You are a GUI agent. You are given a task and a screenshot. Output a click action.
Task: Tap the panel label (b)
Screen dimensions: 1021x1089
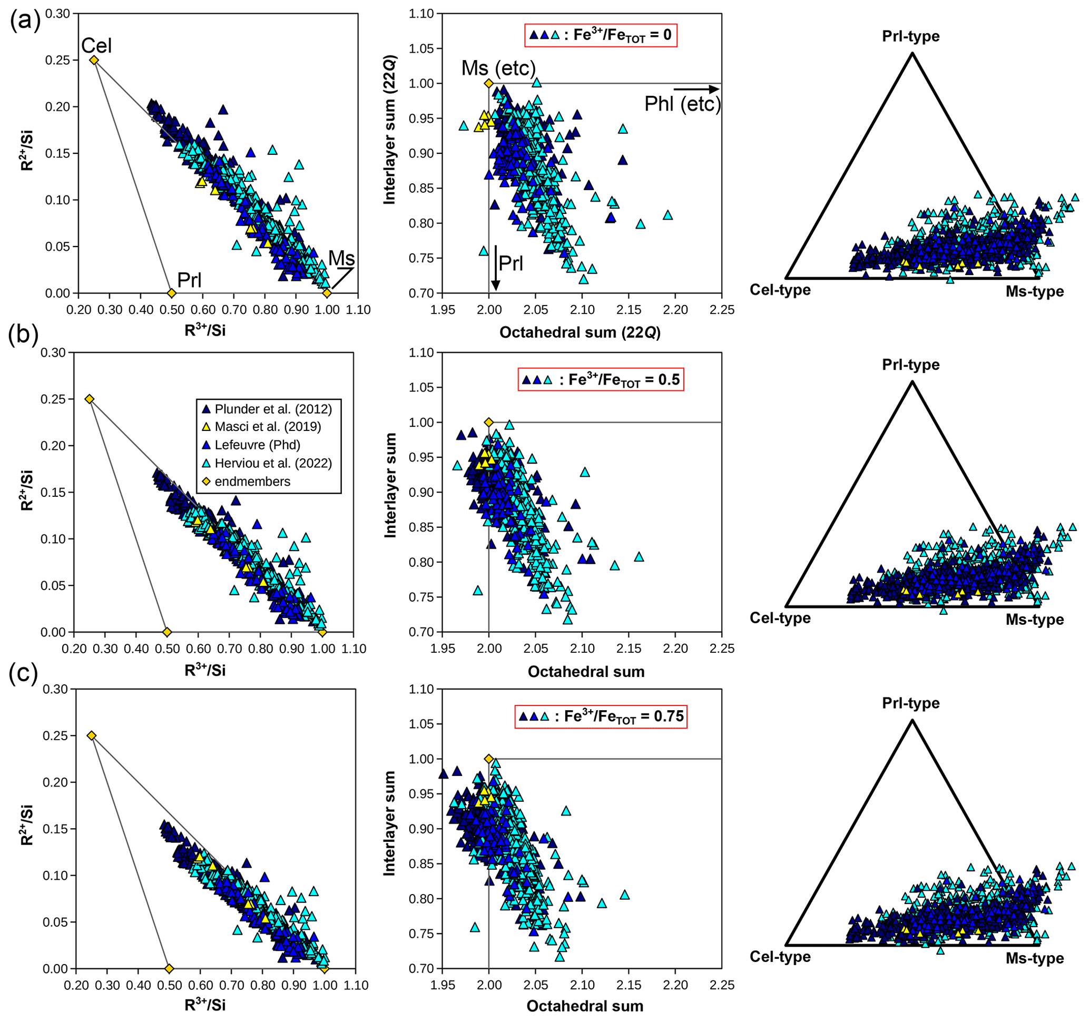pyautogui.click(x=23, y=333)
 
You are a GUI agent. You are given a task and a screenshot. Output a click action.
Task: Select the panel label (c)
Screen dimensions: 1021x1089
pyautogui.click(x=23, y=673)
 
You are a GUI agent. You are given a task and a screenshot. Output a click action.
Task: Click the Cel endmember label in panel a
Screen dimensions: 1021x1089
pyautogui.click(x=96, y=45)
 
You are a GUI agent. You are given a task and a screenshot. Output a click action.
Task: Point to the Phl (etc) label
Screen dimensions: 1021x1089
pyautogui.click(x=682, y=104)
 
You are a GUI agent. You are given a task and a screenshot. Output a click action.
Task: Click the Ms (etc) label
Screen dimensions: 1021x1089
pyautogui.click(x=498, y=68)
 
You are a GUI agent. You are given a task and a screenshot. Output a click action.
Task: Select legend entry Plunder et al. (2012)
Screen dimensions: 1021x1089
pyautogui.click(x=273, y=409)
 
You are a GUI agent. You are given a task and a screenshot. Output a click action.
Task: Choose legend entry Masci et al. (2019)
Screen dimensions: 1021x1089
pyautogui.click(x=267, y=427)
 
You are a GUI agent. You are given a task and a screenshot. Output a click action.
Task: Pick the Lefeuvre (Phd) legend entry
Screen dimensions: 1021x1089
pyautogui.click(x=257, y=445)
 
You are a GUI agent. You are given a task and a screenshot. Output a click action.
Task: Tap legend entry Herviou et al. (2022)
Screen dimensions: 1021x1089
pyautogui.click(x=273, y=464)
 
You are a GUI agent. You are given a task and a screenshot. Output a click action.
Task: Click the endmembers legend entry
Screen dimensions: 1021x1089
pyautogui.click(x=252, y=482)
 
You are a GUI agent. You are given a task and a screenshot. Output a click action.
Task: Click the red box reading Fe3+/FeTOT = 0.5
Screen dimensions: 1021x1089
pyautogui.click(x=601, y=380)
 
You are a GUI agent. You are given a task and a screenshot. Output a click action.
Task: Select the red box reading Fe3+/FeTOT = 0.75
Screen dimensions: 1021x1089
pyautogui.click(x=601, y=716)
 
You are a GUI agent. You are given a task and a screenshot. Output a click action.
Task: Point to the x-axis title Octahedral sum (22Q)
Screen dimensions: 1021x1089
pyautogui.click(x=580, y=332)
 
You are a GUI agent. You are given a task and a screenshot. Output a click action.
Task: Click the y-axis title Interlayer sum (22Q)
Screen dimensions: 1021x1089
pyautogui.click(x=389, y=130)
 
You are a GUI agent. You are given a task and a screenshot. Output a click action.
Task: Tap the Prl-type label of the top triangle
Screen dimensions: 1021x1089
pyautogui.click(x=910, y=36)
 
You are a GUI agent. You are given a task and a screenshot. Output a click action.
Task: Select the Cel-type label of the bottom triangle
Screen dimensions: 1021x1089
pyautogui.click(x=780, y=956)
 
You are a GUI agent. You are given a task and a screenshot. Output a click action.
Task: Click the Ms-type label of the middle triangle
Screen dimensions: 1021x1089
pyautogui.click(x=1034, y=620)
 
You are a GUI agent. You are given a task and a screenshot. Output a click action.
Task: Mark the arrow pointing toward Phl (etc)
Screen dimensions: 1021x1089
pyautogui.click(x=695, y=89)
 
